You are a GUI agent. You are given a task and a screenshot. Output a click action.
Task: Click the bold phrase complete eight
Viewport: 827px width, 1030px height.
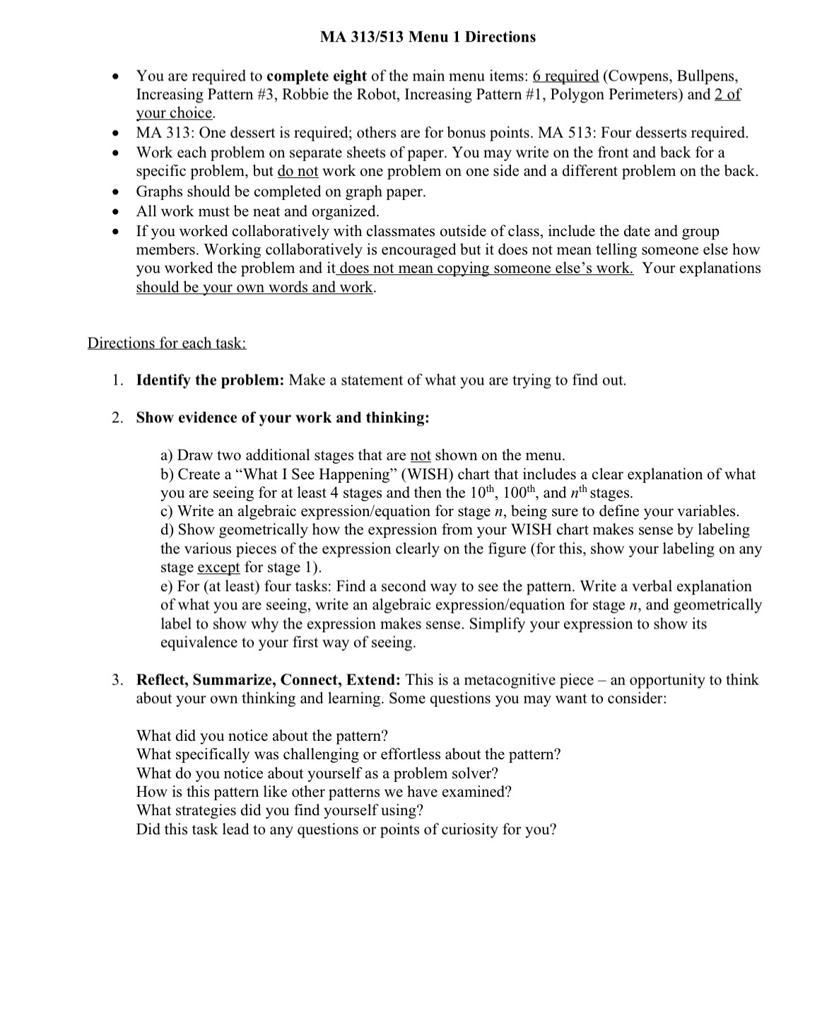coord(316,76)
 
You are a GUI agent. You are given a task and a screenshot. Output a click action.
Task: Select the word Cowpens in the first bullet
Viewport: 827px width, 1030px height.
coord(635,76)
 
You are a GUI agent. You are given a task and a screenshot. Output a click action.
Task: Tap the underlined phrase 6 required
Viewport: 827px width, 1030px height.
coord(565,76)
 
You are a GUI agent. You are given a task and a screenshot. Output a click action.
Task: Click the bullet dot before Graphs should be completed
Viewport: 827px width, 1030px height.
coord(112,192)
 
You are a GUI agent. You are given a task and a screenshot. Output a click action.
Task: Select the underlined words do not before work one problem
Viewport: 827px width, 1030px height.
coord(298,171)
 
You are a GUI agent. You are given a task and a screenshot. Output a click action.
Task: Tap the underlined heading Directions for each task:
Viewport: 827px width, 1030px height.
coord(167,344)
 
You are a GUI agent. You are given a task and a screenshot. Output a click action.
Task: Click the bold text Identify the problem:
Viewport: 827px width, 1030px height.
coord(210,380)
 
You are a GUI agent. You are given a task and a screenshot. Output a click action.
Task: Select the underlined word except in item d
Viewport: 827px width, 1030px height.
coord(218,568)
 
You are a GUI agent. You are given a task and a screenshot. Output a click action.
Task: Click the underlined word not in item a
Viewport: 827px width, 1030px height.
coord(420,455)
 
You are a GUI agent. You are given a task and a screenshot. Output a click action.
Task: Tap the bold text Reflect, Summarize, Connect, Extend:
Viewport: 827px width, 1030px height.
coord(269,680)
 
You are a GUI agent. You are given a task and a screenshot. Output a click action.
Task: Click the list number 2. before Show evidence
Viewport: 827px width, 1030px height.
coord(118,418)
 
